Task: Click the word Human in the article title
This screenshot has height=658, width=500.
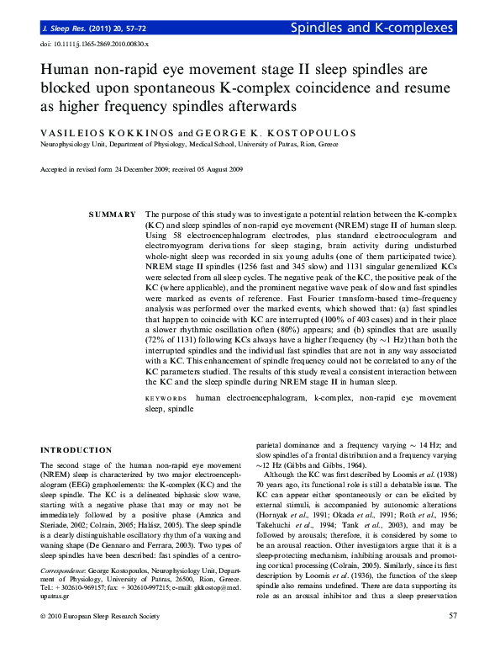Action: click(x=66, y=73)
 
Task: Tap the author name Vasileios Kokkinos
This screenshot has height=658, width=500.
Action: click(x=108, y=133)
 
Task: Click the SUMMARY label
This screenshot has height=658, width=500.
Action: click(x=112, y=215)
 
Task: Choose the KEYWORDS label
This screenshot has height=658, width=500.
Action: click(x=166, y=396)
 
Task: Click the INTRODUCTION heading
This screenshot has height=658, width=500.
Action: click(x=76, y=450)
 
